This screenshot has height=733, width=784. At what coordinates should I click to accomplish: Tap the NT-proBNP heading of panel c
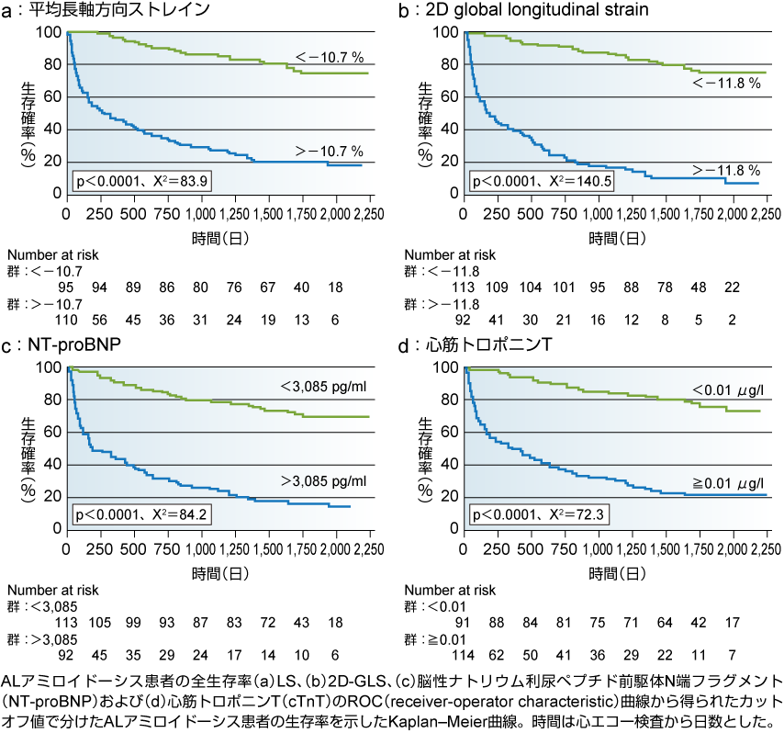pyautogui.click(x=73, y=346)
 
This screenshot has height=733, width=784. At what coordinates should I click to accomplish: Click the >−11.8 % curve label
pyautogui.click(x=724, y=170)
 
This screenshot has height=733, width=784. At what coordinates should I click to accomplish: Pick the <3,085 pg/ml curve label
pyautogui.click(x=322, y=386)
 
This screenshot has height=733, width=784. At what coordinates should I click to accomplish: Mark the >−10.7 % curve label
pyautogui.click(x=328, y=150)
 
